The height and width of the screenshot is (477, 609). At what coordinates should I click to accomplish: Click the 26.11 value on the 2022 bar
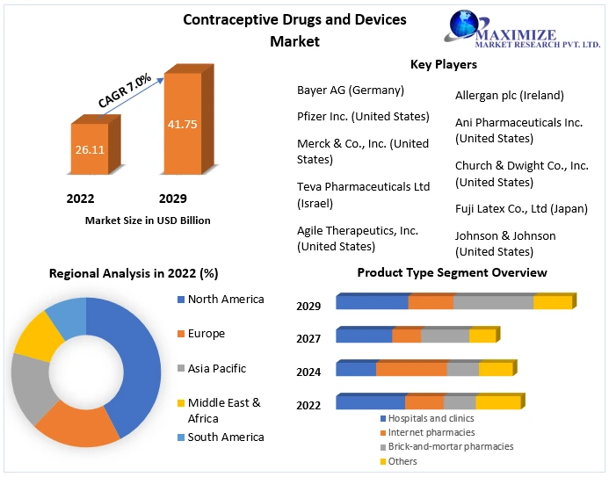(x=90, y=149)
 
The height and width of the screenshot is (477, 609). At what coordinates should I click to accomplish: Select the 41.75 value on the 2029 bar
(x=182, y=124)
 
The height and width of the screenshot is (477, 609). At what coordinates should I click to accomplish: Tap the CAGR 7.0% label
(x=125, y=91)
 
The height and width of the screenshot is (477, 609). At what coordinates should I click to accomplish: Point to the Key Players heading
(x=444, y=64)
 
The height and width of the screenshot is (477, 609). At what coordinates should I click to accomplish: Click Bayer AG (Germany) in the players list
(x=351, y=90)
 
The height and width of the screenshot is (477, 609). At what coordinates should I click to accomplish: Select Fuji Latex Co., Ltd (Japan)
(x=521, y=209)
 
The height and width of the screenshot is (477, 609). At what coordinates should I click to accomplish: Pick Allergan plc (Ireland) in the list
(x=510, y=95)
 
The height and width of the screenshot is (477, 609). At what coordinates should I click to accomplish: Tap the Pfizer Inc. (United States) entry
(x=363, y=116)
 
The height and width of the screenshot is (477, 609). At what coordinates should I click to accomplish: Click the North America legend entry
(x=225, y=300)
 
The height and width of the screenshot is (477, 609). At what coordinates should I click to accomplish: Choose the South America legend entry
(x=225, y=437)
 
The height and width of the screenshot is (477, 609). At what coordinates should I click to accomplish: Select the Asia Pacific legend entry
(x=216, y=369)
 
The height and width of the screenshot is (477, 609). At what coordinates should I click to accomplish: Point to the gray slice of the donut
(x=31, y=387)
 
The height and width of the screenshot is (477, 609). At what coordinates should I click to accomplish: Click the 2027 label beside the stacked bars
(x=308, y=339)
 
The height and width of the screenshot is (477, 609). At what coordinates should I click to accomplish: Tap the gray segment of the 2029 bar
(x=493, y=302)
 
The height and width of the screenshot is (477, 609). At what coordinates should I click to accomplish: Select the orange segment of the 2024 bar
(x=411, y=369)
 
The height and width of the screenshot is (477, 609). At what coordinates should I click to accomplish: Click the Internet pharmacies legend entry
(x=431, y=432)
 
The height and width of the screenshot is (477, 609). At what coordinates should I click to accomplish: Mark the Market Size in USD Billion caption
(x=148, y=220)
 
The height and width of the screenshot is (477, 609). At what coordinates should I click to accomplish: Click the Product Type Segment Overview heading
(x=452, y=273)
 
